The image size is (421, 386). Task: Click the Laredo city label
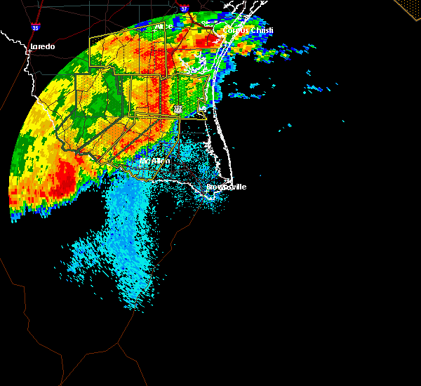(41, 47)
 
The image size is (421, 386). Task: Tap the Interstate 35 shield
(35, 27)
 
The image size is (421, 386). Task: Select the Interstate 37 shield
(184, 9)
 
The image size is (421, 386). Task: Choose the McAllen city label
(154, 161)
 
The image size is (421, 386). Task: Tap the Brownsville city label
(226, 187)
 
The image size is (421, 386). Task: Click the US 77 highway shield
(178, 109)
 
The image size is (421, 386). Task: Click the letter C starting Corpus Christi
(226, 31)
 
